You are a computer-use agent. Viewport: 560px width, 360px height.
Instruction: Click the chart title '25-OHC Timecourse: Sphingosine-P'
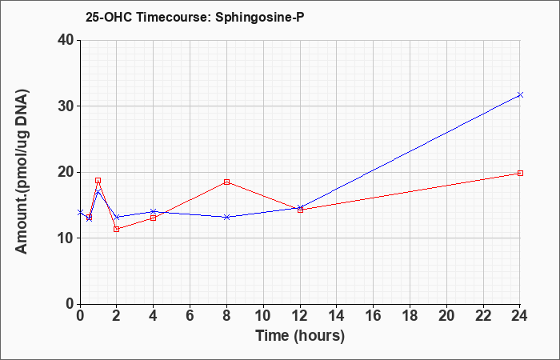point(195,17)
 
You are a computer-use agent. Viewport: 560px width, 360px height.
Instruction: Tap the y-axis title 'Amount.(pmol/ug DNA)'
point(22,171)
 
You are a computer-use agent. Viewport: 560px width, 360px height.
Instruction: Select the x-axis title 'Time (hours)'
point(300,336)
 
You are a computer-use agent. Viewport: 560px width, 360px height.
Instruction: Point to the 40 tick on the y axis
point(68,40)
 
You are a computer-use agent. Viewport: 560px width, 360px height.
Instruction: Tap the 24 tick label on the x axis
point(520,316)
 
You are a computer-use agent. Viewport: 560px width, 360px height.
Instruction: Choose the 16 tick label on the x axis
point(374,316)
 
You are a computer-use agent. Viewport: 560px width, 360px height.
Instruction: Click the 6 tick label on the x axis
point(190,316)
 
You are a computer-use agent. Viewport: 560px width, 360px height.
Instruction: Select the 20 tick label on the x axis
point(446,316)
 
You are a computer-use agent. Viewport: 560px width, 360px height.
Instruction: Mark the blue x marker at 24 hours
point(520,94)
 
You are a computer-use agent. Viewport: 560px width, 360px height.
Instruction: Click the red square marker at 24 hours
point(520,174)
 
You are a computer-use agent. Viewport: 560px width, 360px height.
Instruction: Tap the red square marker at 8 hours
point(226,182)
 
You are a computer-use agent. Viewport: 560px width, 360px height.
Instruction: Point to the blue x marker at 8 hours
point(226,217)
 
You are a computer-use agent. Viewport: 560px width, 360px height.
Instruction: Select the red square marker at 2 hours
point(117,229)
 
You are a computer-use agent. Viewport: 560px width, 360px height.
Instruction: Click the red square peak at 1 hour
point(98,180)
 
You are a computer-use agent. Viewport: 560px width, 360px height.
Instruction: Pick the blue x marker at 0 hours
point(80,213)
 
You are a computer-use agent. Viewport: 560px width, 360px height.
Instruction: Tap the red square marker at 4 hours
point(154,218)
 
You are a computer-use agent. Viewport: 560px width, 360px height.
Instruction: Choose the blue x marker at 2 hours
point(117,217)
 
